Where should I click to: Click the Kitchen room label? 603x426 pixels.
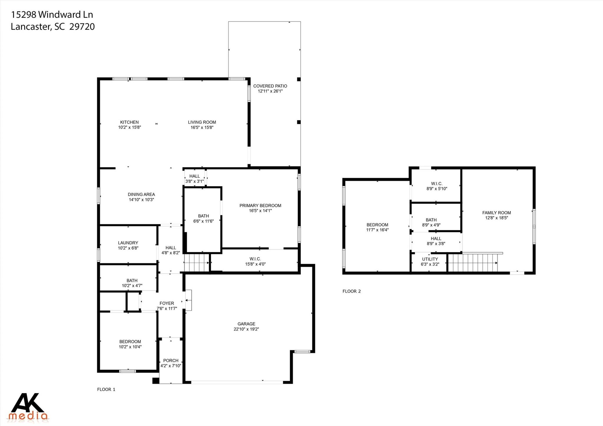pos(129,122)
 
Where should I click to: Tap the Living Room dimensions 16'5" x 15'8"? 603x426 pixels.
pos(202,127)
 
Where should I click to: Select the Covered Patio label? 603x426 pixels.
pos(270,86)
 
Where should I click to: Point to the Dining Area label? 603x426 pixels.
pos(141,194)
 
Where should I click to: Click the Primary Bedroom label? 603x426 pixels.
pos(260,205)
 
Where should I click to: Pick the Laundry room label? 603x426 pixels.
pos(128,243)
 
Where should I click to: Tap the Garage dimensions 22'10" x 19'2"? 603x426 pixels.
pos(246,329)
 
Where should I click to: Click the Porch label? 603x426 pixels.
pos(171,360)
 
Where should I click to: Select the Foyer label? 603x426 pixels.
pos(167,303)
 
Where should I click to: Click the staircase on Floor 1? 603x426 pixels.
pos(196,263)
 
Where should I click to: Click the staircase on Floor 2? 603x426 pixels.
pos(473,263)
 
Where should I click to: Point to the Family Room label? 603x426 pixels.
pos(496,213)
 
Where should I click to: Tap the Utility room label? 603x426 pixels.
pos(430,259)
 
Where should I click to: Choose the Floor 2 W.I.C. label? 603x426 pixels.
pos(437,184)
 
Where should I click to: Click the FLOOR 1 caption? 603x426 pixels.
pos(106,389)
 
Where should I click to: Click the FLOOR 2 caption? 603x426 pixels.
pos(352,291)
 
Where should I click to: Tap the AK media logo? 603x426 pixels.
pos(28,406)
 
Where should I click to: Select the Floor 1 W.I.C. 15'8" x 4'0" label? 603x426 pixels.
pos(255,261)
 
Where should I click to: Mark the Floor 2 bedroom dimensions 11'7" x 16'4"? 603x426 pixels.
pos(377,230)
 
